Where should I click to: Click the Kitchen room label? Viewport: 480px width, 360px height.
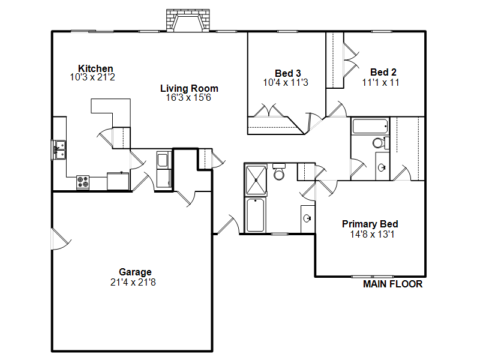click(95, 68)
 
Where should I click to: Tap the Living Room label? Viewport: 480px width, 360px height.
click(189, 88)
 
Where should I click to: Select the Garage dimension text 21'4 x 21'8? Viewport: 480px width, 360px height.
click(133, 282)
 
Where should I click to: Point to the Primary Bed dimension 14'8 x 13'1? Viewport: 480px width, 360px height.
click(372, 234)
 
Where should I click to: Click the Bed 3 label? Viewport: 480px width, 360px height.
click(288, 73)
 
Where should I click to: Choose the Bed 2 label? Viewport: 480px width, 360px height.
click(383, 72)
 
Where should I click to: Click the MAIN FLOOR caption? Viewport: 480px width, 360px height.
click(393, 284)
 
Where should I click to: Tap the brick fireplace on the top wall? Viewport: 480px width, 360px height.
click(188, 20)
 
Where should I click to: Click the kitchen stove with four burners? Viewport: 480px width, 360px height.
click(83, 182)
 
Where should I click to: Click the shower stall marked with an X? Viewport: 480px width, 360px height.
click(256, 180)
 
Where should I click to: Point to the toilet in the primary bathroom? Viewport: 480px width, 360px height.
click(279, 172)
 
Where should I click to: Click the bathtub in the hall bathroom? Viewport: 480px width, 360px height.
click(370, 126)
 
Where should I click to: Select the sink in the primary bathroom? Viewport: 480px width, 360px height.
click(307, 218)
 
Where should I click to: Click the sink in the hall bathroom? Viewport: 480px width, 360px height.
click(382, 167)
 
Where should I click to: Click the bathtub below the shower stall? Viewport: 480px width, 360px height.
click(256, 215)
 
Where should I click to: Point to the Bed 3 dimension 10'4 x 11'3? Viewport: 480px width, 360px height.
click(286, 82)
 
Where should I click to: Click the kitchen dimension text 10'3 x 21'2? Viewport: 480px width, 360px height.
click(92, 77)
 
